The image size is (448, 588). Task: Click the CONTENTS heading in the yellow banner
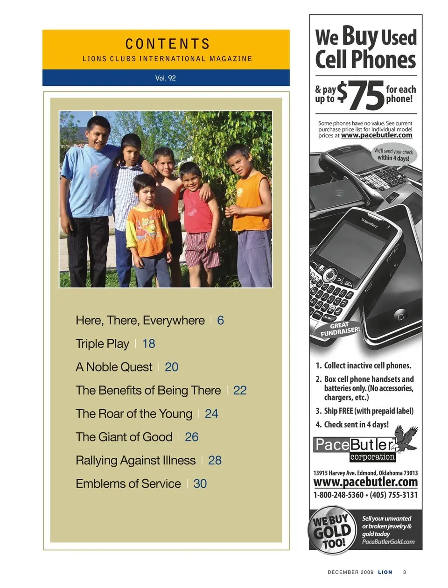pos(168,44)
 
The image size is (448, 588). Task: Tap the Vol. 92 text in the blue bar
pos(166,78)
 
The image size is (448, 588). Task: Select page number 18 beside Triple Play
pos(148,344)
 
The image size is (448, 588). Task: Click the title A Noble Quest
pos(114,367)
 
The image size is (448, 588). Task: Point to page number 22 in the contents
pos(240,391)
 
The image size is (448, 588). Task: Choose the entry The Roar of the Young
pos(134,414)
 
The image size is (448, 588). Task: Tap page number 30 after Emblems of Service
pos(200,484)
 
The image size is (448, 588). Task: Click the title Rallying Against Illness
pos(135,461)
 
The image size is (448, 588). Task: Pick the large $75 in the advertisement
pos(360,95)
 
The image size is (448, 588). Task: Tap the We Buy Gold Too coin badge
pos(331,531)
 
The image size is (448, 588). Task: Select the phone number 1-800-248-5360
pos(338,495)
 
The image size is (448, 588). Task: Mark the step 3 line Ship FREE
pos(364,411)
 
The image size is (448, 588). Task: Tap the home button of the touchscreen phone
pos(400,316)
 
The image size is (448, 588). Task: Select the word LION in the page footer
pos(385,572)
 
